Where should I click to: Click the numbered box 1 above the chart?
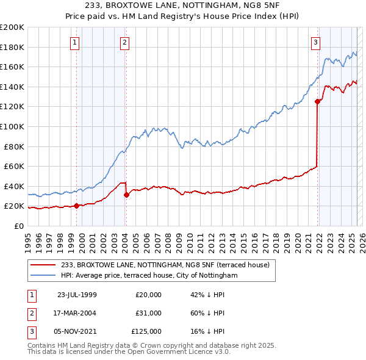click(74, 43)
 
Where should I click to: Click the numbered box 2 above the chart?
click(124, 43)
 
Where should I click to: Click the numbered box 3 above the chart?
click(315, 43)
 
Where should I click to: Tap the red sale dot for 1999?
click(77, 206)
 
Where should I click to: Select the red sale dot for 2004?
click(126, 195)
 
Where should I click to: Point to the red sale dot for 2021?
click(317, 101)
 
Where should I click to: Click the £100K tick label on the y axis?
click(12, 126)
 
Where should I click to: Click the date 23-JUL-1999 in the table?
click(76, 295)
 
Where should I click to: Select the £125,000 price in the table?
click(146, 331)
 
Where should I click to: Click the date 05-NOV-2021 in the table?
click(76, 331)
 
